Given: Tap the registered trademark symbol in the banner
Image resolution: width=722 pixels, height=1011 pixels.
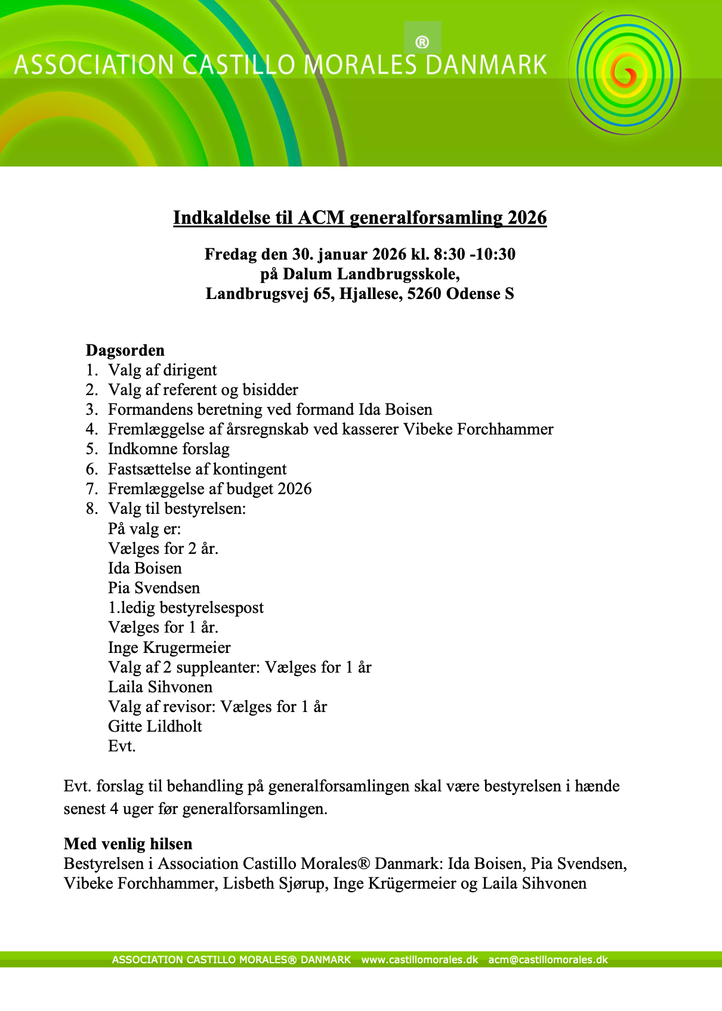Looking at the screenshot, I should click(x=422, y=42).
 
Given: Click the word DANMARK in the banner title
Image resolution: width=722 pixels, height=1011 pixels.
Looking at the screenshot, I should click(x=486, y=64).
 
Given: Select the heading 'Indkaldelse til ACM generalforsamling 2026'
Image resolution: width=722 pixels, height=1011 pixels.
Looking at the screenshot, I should click(x=360, y=217).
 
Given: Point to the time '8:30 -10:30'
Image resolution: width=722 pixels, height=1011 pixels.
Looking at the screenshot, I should click(x=474, y=254).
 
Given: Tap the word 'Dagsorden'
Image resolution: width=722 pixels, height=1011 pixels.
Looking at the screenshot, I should click(x=125, y=350).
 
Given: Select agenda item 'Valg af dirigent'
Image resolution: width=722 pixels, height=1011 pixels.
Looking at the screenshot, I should click(x=162, y=370).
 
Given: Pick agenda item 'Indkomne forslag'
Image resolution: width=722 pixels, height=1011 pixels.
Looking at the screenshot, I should click(x=169, y=449).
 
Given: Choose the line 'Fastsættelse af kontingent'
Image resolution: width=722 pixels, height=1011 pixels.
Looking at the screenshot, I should click(x=198, y=469).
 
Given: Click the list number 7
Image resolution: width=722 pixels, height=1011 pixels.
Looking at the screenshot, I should click(x=91, y=489).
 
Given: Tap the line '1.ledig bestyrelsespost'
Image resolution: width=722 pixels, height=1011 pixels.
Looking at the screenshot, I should click(x=186, y=608).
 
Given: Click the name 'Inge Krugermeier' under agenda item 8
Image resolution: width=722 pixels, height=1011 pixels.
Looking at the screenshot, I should click(x=169, y=648).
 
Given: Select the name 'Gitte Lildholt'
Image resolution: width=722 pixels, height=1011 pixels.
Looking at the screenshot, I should click(x=155, y=726).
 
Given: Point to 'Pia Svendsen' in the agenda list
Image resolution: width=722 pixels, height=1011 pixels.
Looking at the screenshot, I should click(x=154, y=588).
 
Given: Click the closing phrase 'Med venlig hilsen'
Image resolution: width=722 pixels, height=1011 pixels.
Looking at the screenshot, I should click(x=128, y=844).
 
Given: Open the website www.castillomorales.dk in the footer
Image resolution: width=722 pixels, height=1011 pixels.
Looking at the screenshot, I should click(x=420, y=960).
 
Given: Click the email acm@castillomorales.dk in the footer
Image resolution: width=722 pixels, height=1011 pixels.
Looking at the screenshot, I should click(x=548, y=960).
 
